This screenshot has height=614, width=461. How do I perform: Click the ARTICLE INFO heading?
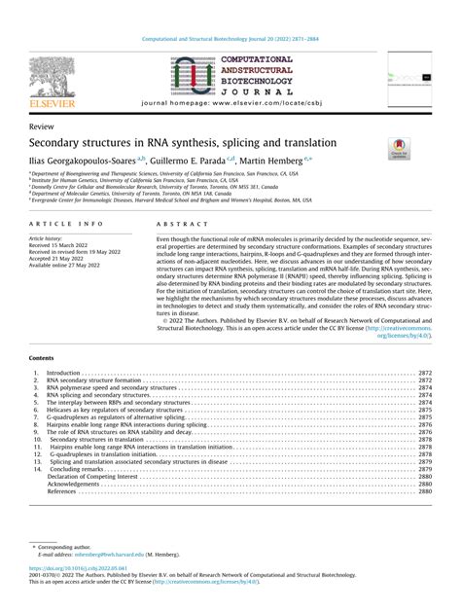[x=61, y=224]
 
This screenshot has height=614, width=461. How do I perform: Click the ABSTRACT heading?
[x=176, y=224]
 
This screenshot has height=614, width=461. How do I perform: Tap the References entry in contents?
[x=61, y=491]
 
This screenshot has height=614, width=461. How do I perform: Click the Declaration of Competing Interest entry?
[x=91, y=476]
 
